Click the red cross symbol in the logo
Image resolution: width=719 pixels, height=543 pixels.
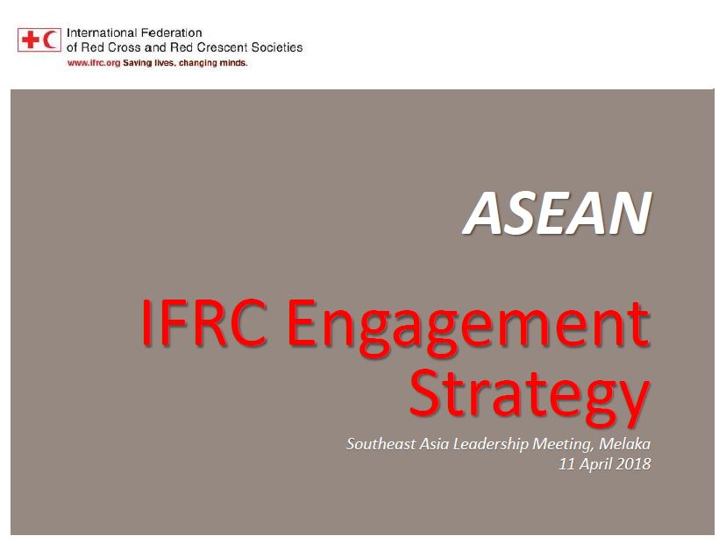pyautogui.click(x=31, y=39)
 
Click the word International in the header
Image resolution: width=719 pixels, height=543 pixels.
pyautogui.click(x=102, y=33)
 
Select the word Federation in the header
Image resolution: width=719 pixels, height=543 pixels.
pyautogui.click(x=172, y=33)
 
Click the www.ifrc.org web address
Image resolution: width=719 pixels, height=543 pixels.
pyautogui.click(x=94, y=63)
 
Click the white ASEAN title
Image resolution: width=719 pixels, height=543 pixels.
pyautogui.click(x=558, y=213)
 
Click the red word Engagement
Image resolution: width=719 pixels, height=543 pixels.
pyautogui.click(x=468, y=328)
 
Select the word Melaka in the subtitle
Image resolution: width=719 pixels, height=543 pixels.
pyautogui.click(x=624, y=444)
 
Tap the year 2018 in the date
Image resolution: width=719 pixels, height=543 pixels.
pyautogui.click(x=633, y=464)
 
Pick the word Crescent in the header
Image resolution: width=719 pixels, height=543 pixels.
pyautogui.click(x=222, y=47)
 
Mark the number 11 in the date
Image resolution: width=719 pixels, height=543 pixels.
pyautogui.click(x=567, y=464)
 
